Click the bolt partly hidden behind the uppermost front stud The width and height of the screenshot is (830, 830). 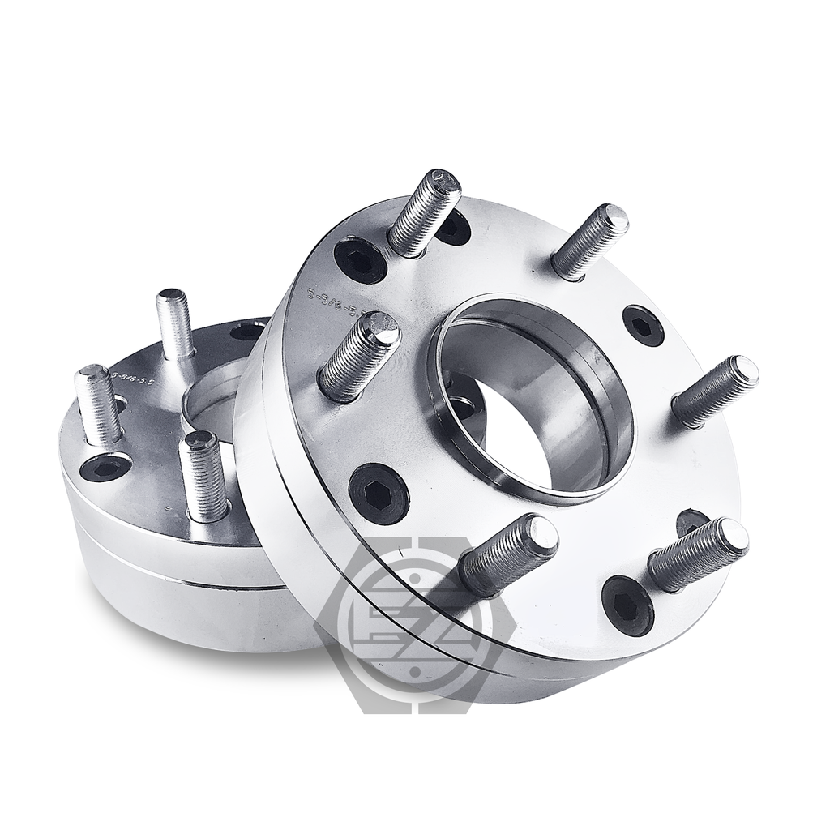click(x=453, y=227)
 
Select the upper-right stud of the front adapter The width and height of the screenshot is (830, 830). click(x=590, y=241)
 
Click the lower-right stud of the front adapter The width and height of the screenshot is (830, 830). click(x=698, y=554)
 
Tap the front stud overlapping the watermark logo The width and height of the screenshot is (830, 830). click(x=508, y=554)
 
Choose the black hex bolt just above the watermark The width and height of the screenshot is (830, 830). click(x=379, y=494)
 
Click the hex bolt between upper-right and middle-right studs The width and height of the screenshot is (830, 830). click(x=644, y=326)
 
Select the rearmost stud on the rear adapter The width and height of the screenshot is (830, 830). click(x=175, y=323)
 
